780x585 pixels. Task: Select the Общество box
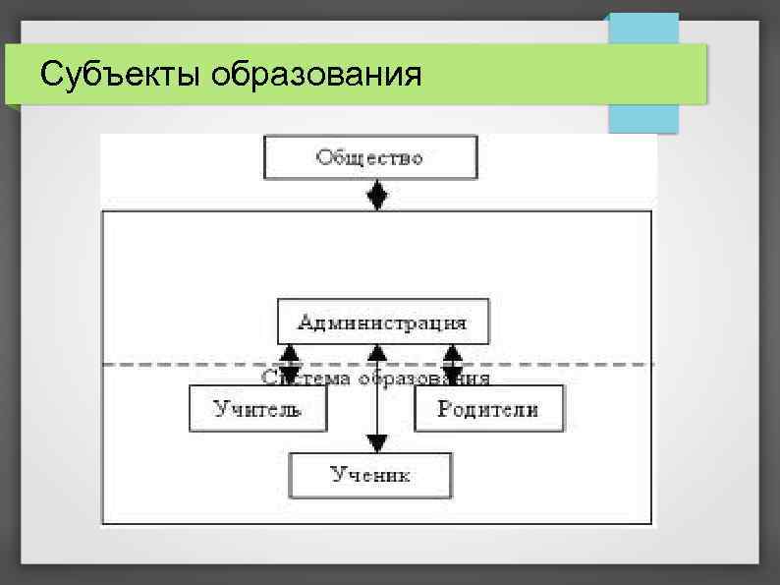tap(370, 158)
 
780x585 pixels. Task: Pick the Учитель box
tap(258, 409)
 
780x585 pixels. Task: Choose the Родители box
tap(489, 409)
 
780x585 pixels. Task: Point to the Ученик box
tap(370, 476)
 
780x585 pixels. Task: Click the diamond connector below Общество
tap(376, 195)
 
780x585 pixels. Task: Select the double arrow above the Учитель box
tap(288, 364)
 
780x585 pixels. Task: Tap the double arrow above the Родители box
tap(453, 364)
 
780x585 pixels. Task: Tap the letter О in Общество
tap(323, 158)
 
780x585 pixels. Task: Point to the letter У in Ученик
tap(337, 476)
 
